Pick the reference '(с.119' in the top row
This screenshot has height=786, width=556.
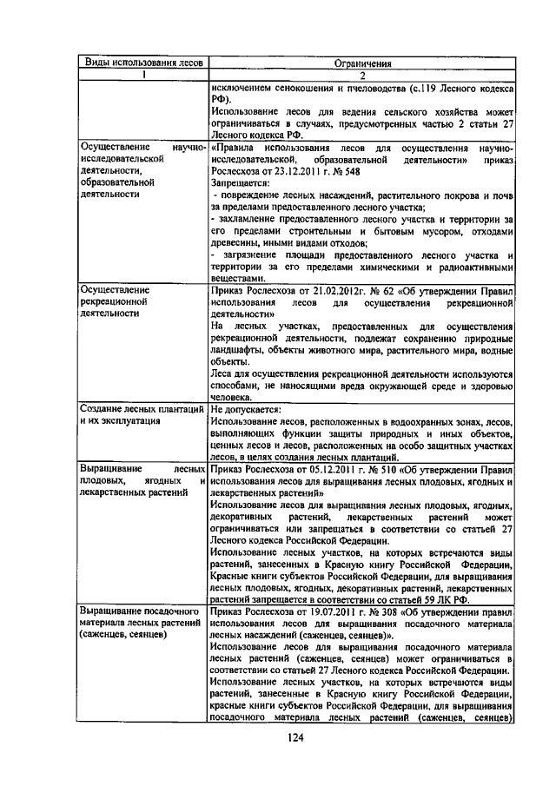tap(437, 88)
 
